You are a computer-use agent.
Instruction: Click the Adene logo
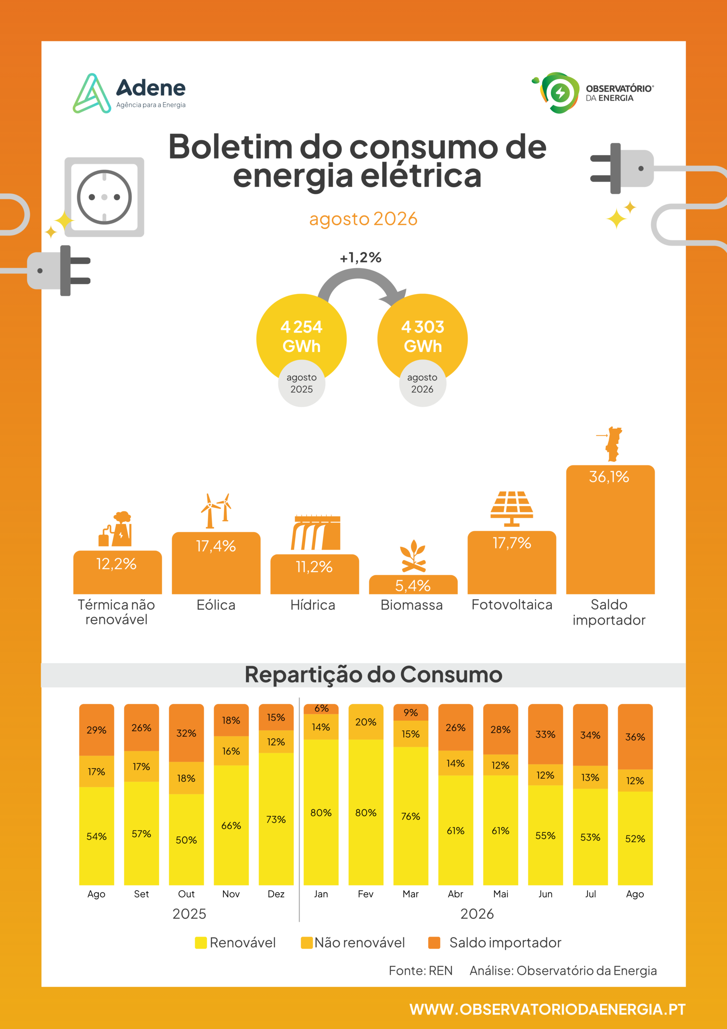[129, 93]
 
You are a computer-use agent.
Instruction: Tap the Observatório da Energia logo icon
[556, 93]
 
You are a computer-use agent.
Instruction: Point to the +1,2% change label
[361, 257]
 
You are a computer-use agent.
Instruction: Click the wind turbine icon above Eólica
[216, 510]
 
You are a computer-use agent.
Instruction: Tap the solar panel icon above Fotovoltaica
[512, 509]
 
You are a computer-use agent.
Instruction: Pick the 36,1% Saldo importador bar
[610, 530]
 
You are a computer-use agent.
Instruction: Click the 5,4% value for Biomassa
[413, 585]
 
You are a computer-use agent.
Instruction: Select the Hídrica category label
[312, 605]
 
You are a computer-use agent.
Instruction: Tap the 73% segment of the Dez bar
[276, 819]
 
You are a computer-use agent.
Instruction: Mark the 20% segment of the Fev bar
[366, 722]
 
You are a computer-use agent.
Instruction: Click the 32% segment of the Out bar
[186, 733]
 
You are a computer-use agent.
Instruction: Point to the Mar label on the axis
[410, 894]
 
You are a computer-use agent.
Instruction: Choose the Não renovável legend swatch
[307, 943]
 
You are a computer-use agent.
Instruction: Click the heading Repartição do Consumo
[374, 674]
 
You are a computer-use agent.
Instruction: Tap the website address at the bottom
[547, 1009]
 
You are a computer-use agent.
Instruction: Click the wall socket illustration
[104, 197]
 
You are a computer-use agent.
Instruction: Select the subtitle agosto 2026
[363, 219]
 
